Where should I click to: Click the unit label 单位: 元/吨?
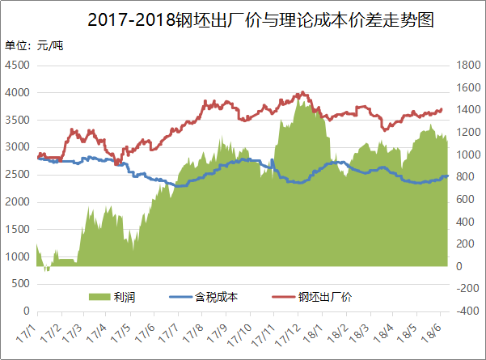34,45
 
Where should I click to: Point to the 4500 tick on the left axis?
18,66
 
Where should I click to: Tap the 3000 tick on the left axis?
18,147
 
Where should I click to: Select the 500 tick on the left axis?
21,284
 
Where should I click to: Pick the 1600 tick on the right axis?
468,66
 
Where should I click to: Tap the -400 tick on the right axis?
468,311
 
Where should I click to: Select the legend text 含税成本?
216,297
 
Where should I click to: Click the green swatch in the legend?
98,297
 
